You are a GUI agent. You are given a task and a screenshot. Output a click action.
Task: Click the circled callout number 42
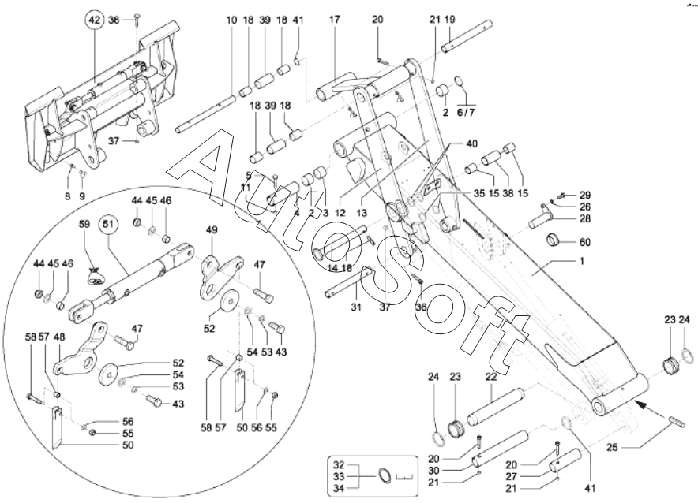[x=95, y=20]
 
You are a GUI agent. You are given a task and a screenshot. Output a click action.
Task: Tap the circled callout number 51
[x=109, y=224]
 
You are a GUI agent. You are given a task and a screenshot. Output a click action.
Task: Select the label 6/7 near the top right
[x=466, y=113]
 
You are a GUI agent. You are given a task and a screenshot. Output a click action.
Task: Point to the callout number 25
[x=613, y=446]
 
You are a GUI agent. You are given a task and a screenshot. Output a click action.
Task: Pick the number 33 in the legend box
[x=339, y=477]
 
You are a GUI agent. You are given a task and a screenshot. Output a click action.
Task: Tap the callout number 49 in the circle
[x=212, y=229]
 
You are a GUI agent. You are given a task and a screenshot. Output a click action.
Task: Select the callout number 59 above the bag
[x=84, y=224]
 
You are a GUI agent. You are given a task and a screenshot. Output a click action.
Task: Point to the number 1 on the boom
[x=580, y=261]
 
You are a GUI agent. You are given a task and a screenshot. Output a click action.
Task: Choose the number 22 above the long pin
[x=490, y=377]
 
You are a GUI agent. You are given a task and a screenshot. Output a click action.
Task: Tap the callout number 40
[x=471, y=143]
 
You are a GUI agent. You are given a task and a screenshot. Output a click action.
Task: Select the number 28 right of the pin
[x=584, y=218]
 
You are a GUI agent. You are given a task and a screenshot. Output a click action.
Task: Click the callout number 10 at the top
[x=231, y=20]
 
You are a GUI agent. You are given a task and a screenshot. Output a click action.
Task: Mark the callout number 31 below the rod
[x=355, y=307]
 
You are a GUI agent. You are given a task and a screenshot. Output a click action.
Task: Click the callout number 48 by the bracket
[x=59, y=337]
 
